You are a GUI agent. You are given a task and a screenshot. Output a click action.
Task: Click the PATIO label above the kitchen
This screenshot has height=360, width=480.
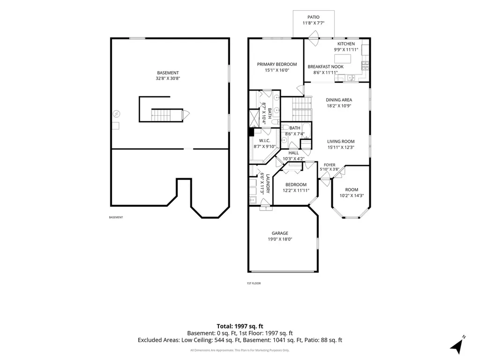click(x=313, y=17)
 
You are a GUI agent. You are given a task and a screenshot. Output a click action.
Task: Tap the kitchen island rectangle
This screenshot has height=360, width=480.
click(x=343, y=59)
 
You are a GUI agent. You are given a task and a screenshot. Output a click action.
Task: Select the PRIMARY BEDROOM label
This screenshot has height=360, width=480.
click(x=277, y=64)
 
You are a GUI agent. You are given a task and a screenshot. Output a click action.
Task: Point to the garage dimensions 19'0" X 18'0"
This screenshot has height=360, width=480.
click(x=280, y=239)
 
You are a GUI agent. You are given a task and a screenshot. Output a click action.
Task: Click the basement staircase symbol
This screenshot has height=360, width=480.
click(x=161, y=115)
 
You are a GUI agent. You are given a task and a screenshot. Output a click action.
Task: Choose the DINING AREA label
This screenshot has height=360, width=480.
click(x=339, y=100)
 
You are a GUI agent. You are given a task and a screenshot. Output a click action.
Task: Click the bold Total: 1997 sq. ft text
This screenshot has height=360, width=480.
click(x=240, y=326)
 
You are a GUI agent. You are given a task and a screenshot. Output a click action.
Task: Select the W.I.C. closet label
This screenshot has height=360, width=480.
click(x=264, y=141)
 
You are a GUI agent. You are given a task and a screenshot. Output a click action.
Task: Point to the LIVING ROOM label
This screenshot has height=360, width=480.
click(x=341, y=142)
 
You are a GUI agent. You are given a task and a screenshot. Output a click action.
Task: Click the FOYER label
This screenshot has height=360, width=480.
click(x=330, y=165)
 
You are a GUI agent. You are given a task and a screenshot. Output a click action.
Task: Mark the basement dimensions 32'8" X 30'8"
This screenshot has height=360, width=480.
click(x=168, y=78)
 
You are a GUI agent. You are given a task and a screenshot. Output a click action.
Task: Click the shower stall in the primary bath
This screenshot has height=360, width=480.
click(x=254, y=118)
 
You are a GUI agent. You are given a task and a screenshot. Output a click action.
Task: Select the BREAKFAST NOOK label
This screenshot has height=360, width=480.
click(x=325, y=67)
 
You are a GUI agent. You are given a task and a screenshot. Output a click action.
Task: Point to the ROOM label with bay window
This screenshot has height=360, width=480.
click(x=352, y=190)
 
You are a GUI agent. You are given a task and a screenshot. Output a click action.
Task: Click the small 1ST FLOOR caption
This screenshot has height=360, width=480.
click(x=254, y=284)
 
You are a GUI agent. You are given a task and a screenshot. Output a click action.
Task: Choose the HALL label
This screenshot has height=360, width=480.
click(x=293, y=153)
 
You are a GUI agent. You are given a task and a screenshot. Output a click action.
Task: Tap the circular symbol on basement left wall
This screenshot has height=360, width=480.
click(x=116, y=114)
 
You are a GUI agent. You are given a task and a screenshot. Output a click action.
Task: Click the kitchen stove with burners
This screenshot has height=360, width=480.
click(x=365, y=66)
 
